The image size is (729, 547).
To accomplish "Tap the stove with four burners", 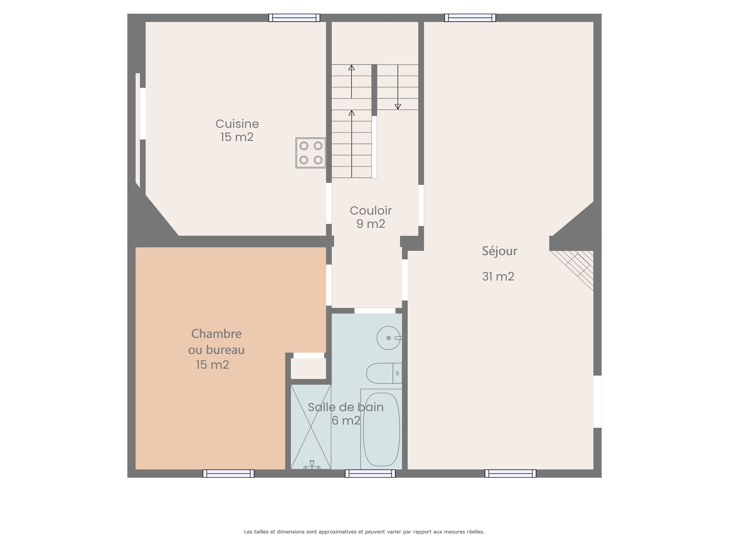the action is point(311,153).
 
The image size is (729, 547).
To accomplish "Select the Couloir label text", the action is point(371,210).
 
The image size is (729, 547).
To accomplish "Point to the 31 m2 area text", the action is point(498,276).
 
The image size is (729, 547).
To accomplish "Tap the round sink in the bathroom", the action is point(389,338).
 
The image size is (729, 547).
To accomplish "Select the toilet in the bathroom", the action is point(384,373).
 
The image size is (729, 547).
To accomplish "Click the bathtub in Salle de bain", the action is point(381,429).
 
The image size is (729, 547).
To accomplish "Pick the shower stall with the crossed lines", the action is point(311,427).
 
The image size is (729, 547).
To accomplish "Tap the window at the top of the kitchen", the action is point(294,18).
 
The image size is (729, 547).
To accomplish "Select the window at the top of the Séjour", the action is point(470,18).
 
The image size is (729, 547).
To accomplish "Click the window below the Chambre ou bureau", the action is point(228,474).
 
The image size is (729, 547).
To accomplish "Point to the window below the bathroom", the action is point(370,474).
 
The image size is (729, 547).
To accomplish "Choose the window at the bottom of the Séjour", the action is point(510,474).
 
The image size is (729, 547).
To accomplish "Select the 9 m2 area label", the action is point(371,224).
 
